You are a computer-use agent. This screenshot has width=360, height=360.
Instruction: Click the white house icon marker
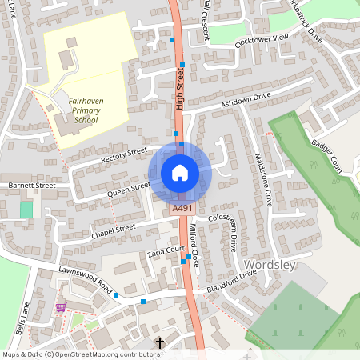pos(180,173)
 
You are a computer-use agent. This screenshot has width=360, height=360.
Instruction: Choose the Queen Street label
pos(129,190)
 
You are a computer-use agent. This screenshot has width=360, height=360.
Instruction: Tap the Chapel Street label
pos(114,230)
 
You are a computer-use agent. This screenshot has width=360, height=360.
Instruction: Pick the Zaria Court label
pos(155,253)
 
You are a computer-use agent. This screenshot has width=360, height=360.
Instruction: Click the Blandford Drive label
pos(230,281)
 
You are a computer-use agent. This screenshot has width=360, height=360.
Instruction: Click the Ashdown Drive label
pos(246,99)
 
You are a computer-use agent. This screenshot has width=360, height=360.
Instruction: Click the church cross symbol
pos(159,343)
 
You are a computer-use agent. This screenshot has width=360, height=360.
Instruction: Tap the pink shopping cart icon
pos(60,306)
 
